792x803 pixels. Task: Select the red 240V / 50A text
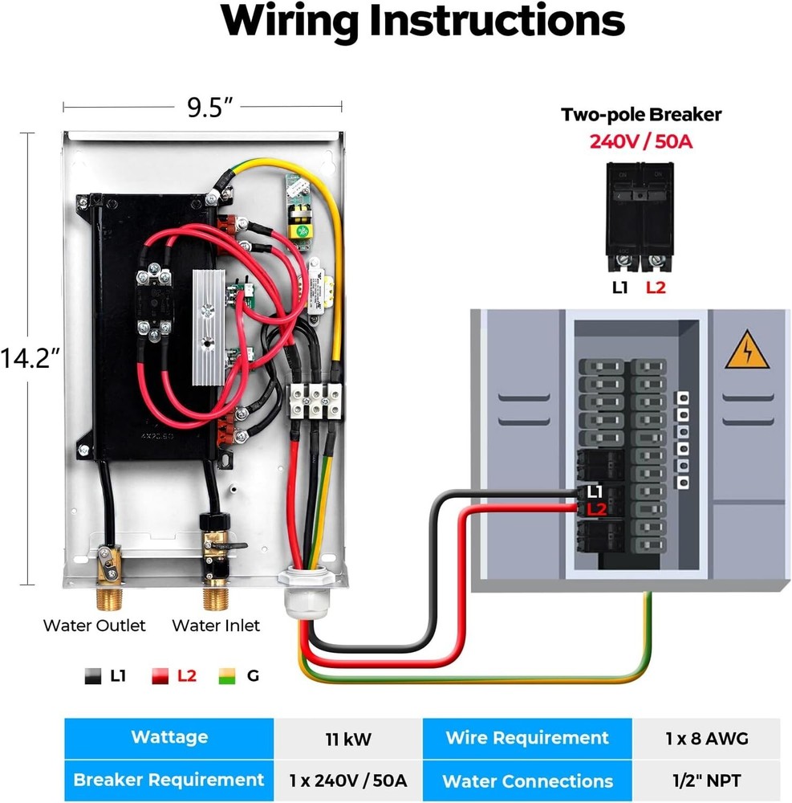[x=640, y=142]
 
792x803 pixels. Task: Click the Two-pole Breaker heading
[x=640, y=115]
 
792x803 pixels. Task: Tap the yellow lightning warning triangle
[x=746, y=351]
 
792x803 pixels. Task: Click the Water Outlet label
[x=95, y=625]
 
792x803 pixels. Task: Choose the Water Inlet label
[x=216, y=625]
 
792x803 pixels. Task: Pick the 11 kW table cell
[x=347, y=738]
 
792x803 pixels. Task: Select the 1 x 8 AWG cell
[x=706, y=738]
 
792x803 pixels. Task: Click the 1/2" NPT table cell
[x=706, y=780]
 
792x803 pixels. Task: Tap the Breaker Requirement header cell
[x=169, y=780]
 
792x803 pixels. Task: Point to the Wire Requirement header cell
[x=527, y=738]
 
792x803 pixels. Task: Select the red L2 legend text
[x=186, y=676]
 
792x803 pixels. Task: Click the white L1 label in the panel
[x=595, y=491]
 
